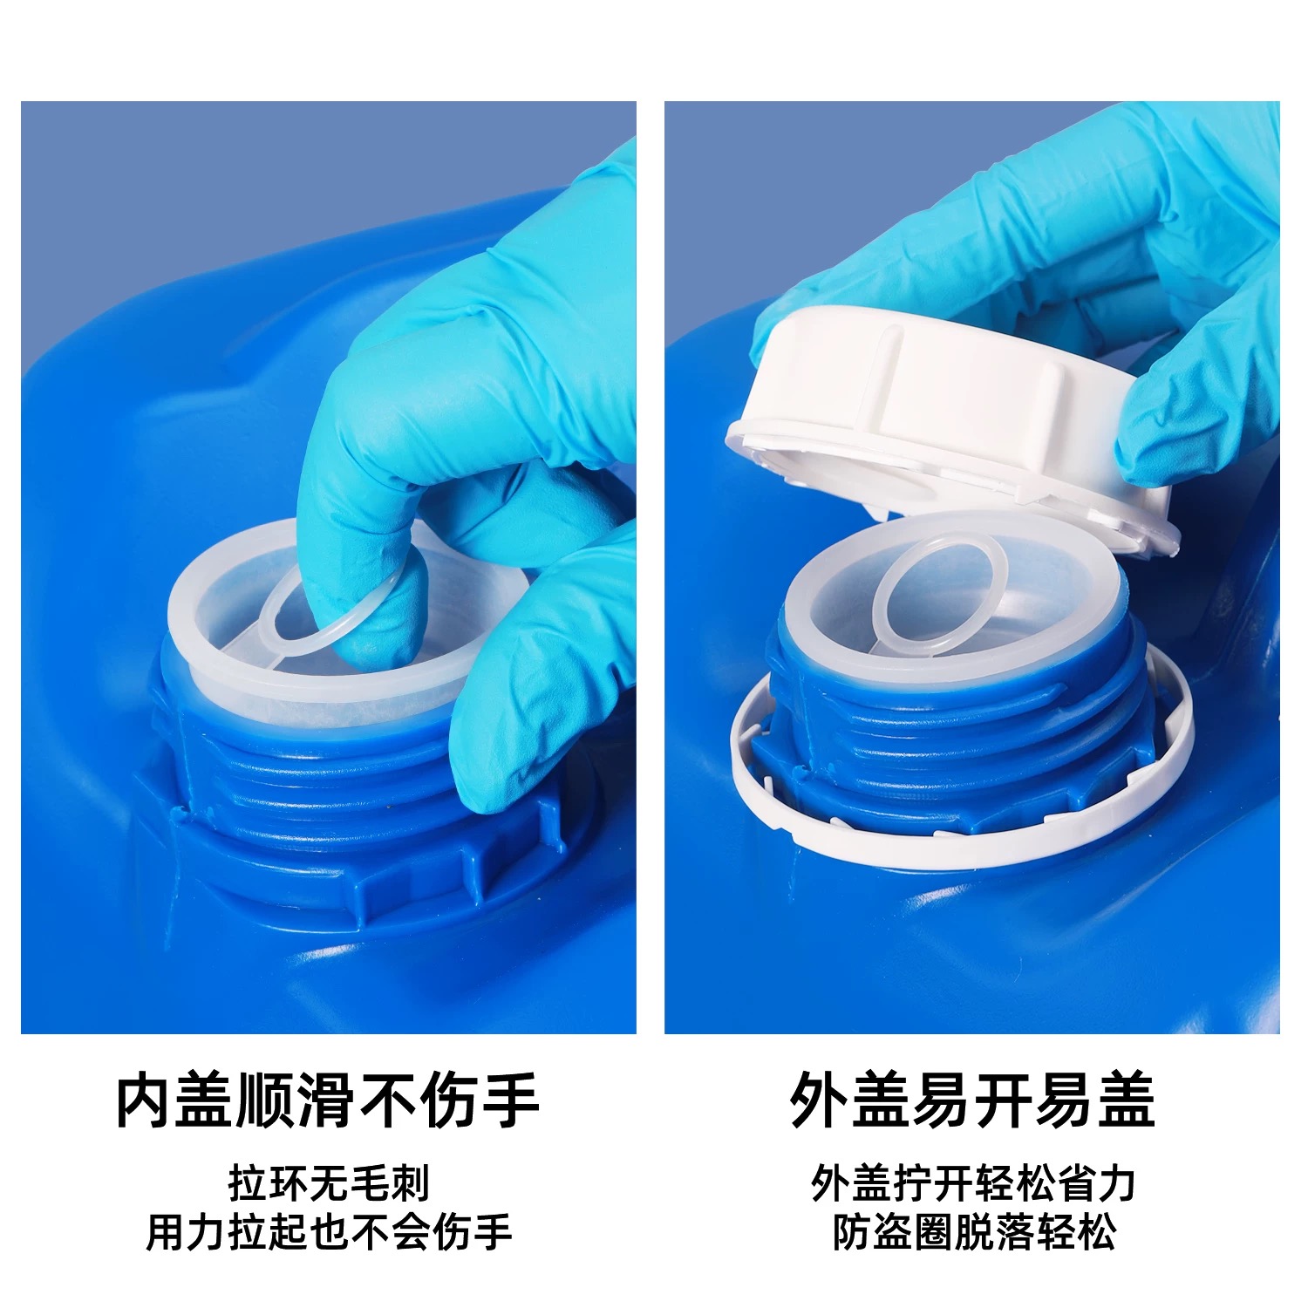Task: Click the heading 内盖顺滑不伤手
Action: click(328, 1100)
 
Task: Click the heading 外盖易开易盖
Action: click(972, 1100)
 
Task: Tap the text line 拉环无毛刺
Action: click(329, 1184)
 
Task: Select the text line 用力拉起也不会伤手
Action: click(329, 1232)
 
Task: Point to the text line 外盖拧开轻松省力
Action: click(973, 1184)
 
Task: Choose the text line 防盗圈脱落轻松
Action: click(973, 1232)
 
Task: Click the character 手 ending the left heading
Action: click(511, 1100)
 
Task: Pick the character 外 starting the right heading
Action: click(819, 1100)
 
